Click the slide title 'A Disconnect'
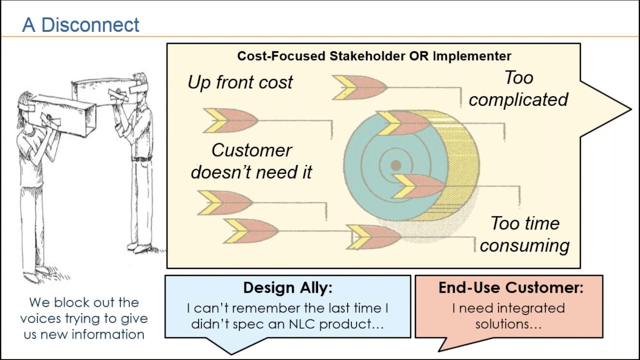click(80, 24)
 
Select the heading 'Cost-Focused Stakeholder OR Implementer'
click(374, 55)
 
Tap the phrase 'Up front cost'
click(240, 82)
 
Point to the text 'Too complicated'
click(518, 88)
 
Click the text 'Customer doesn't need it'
click(251, 161)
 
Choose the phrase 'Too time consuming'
click(524, 234)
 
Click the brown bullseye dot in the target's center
click(395, 165)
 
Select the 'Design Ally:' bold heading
click(287, 287)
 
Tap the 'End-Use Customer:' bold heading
click(510, 287)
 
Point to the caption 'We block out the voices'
click(83, 310)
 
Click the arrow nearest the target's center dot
click(417, 186)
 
